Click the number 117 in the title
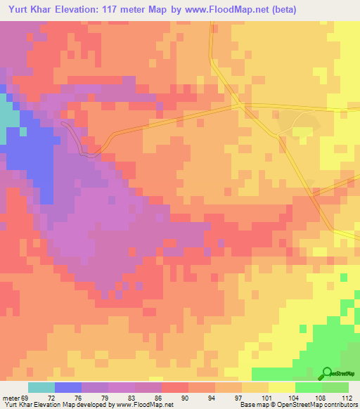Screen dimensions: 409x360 click(113, 10)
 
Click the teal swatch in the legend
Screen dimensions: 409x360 click(41, 387)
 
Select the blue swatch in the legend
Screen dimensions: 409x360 click(68, 387)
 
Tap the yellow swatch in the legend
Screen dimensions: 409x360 click(282, 387)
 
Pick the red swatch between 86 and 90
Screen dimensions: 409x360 click(174, 387)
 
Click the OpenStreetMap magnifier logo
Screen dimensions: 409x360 click(327, 373)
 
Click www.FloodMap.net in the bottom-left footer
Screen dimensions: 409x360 click(144, 405)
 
